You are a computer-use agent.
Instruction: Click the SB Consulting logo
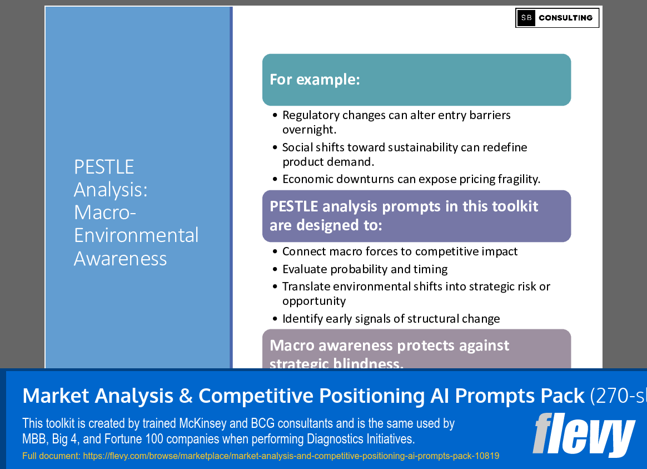coord(557,18)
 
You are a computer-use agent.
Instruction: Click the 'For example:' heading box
coord(416,80)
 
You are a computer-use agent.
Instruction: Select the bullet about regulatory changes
coord(396,122)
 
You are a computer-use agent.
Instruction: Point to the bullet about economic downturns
coord(411,179)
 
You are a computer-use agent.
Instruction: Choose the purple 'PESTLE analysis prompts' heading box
coord(416,216)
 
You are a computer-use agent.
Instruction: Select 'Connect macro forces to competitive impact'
coord(400,251)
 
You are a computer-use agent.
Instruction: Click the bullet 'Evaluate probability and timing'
coord(365,269)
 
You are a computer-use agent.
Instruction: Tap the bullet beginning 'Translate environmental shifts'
coord(416,293)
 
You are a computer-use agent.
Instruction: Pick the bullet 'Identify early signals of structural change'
coord(391,319)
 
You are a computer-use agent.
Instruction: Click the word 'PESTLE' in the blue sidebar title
coord(104,167)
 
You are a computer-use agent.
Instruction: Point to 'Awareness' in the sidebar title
coord(120,258)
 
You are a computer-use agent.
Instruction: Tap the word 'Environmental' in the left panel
coord(136,235)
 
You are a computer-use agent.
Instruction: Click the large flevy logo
coord(583,433)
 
